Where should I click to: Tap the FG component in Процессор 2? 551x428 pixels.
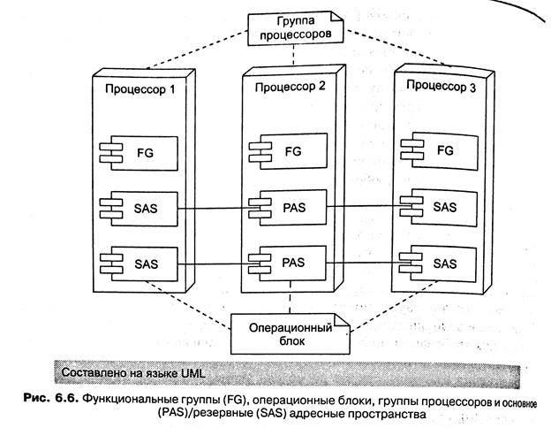tap(292, 152)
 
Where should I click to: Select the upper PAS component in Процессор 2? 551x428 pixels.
tap(292, 210)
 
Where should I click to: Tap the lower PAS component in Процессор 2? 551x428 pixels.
tap(292, 264)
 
